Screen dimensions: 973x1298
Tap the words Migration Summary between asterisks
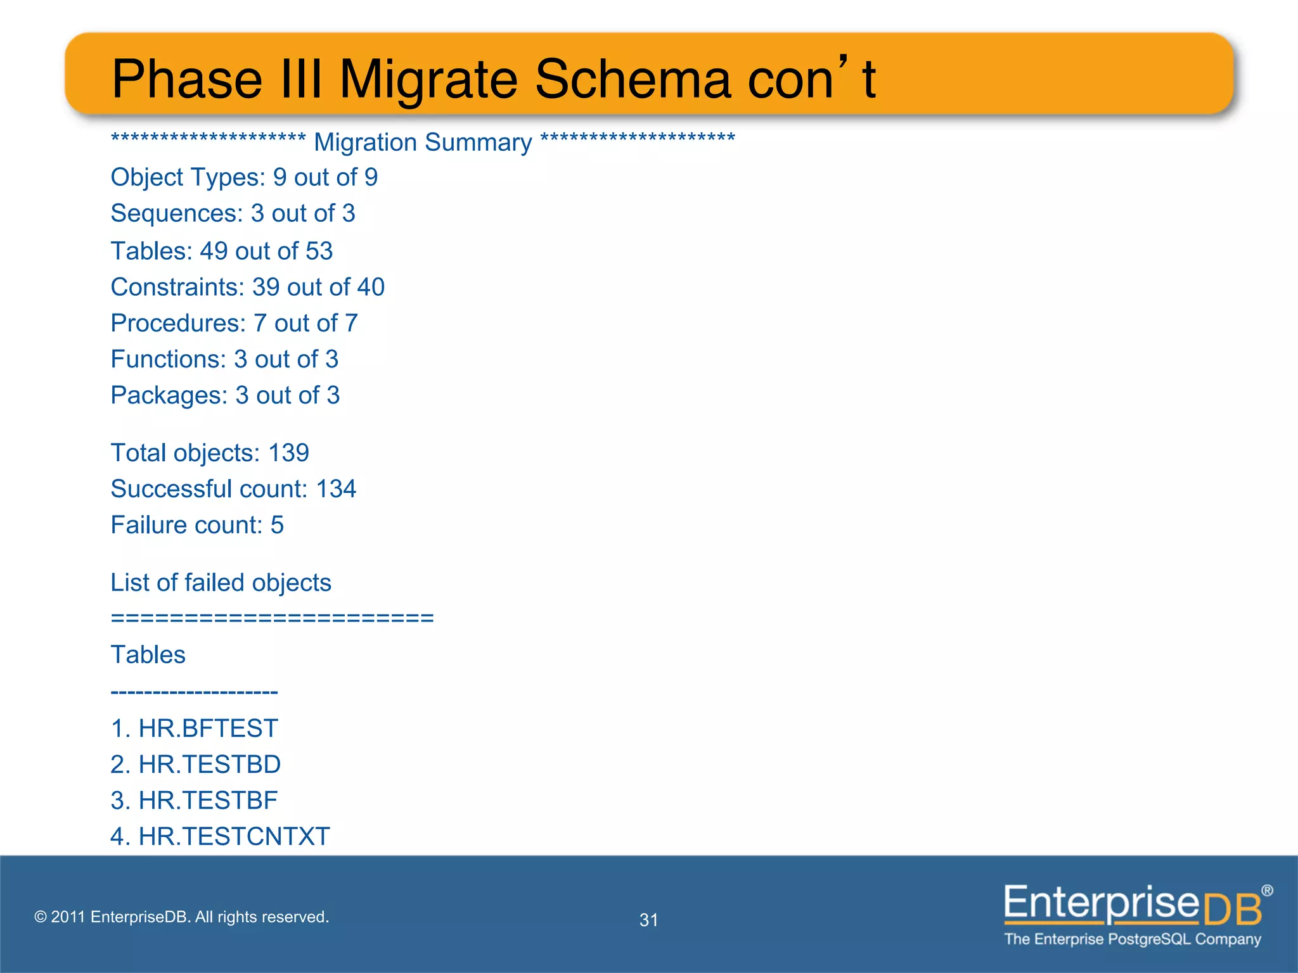423,143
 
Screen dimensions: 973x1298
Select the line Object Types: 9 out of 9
244,177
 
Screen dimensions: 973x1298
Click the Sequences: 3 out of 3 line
233,213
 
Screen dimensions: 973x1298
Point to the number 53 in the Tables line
319,251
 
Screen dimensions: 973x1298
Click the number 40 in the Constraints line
370,287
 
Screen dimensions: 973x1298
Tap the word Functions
168,359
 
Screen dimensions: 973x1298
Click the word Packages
169,395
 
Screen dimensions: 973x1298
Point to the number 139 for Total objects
288,453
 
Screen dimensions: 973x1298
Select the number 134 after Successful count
336,489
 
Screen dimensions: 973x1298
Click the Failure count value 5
277,525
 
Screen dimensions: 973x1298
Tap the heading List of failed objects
221,583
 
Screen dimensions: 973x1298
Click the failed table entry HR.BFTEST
208,728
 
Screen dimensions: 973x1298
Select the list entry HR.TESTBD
209,765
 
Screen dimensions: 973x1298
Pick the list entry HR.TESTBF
208,801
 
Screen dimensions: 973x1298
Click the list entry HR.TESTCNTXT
234,837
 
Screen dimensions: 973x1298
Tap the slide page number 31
648,920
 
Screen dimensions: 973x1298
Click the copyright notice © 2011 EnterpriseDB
181,917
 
